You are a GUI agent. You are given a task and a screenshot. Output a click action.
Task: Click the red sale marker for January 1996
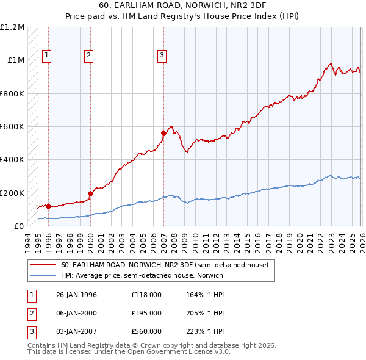coord(48,206)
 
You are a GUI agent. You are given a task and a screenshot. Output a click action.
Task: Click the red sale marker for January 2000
coord(90,193)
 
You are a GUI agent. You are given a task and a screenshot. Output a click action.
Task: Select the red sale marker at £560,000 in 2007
coord(163,133)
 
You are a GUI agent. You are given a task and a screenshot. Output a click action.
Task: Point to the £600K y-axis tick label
coord(12,127)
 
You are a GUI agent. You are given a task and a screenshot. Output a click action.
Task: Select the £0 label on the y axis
coord(18,226)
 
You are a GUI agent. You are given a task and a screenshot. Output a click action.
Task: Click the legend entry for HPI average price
coord(142,275)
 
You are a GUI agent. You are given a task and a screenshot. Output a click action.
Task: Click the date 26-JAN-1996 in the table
coord(77,295)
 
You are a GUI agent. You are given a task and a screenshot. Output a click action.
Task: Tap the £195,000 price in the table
coord(146,313)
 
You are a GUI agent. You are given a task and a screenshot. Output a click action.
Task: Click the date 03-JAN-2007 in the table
coord(77,331)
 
